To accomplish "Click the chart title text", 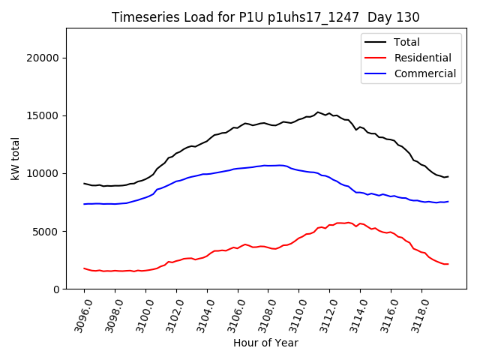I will coord(265,16).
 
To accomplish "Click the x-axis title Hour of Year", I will coord(265,343).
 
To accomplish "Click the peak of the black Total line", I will coord(317,112).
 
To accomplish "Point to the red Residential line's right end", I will coord(448,264).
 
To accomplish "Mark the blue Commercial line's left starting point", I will coord(84,204).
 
